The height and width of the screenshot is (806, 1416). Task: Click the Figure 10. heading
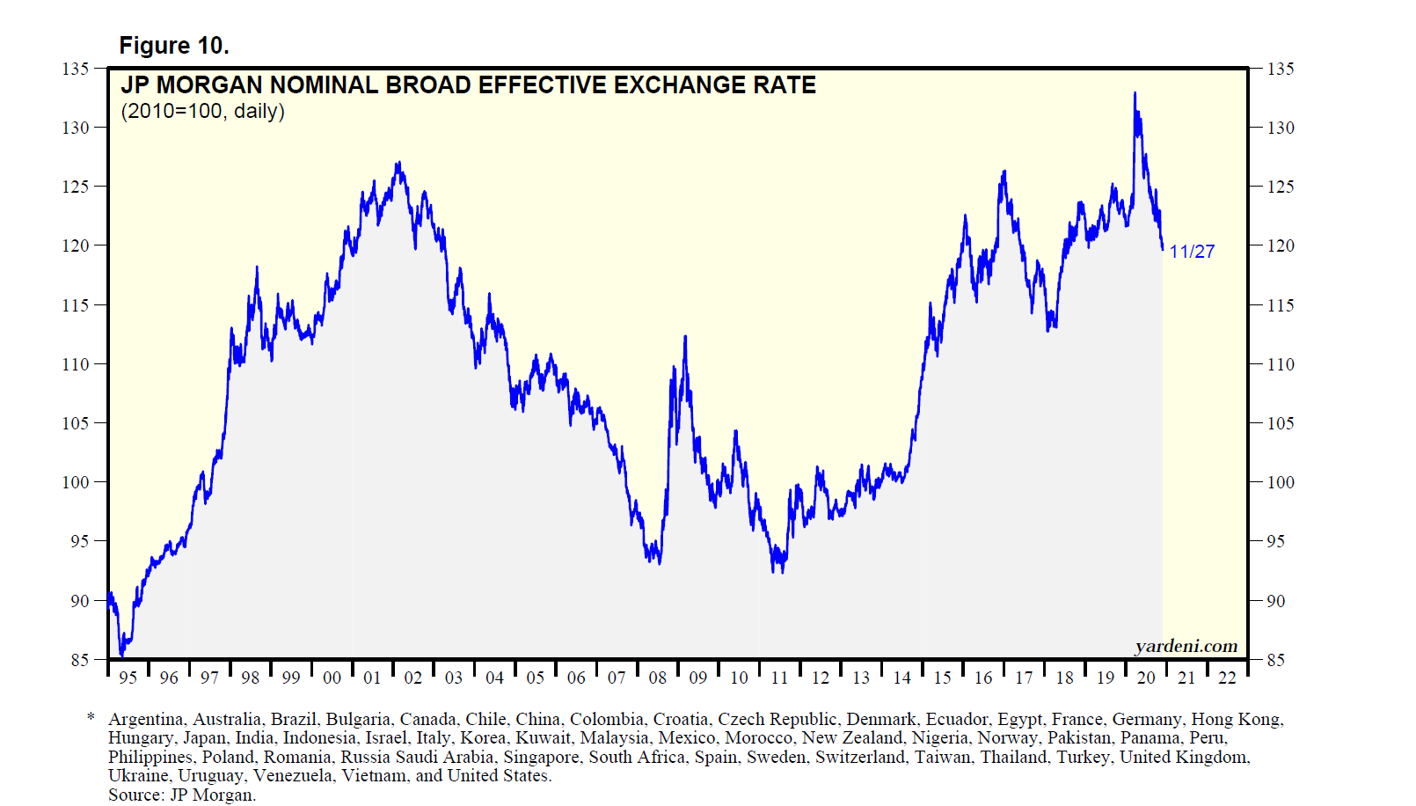174,46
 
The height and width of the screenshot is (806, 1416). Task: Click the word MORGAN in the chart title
208,85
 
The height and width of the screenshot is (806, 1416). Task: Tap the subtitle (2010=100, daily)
202,112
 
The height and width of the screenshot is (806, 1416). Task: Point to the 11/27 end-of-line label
1192,252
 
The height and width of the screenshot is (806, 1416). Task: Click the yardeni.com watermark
1186,647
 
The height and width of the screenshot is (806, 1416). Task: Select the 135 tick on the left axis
76,69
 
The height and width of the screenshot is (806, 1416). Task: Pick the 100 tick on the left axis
76,482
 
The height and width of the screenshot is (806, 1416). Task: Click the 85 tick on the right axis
1275,660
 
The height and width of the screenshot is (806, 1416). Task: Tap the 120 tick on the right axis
1281,245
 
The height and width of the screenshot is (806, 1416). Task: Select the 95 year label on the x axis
128,678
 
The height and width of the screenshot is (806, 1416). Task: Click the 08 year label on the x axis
658,678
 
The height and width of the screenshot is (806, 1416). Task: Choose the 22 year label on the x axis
1227,678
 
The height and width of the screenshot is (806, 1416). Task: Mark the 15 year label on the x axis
942,678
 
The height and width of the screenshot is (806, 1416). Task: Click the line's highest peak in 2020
1135,93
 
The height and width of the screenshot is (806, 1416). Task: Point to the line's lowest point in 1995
121,656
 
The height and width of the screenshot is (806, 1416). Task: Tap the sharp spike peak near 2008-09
685,337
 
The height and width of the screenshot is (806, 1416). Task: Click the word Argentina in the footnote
146,720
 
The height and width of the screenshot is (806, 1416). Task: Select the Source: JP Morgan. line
182,795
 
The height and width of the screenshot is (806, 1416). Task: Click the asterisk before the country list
91,719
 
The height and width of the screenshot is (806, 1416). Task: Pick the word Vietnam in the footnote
374,776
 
